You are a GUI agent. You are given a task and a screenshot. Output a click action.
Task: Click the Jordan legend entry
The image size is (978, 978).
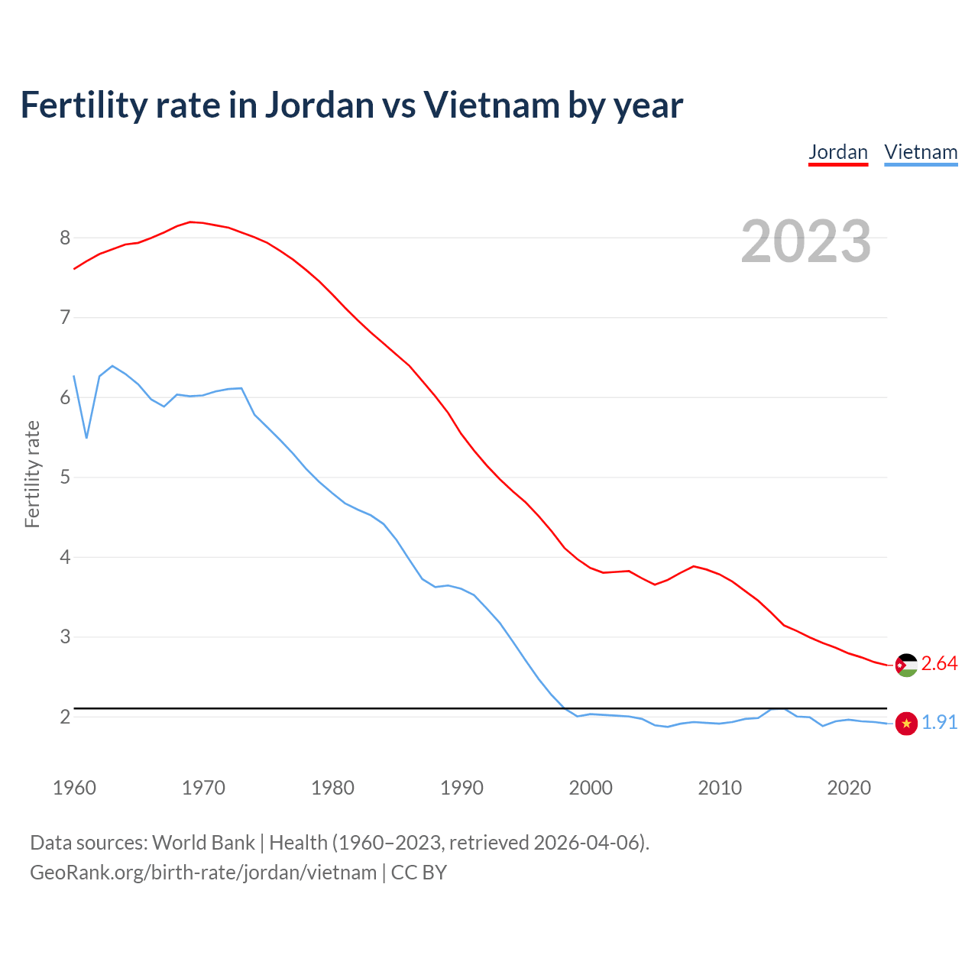pos(838,152)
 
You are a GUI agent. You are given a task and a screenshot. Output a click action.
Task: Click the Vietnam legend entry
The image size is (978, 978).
pos(921,152)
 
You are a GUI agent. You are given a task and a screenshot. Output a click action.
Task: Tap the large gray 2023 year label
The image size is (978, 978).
pos(806,241)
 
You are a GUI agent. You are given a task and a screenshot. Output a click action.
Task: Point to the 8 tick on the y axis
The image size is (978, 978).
pos(65,238)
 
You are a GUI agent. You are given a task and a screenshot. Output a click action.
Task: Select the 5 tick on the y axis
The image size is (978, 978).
pos(65,478)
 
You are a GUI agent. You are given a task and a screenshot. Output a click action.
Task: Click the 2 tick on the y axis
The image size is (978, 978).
pos(65,717)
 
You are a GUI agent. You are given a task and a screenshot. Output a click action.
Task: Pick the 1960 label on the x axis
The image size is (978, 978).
pos(74,788)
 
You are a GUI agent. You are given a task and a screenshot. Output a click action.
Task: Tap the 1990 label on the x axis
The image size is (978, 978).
pos(461,788)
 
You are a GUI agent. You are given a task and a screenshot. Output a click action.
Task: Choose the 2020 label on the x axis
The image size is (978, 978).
pos(849,788)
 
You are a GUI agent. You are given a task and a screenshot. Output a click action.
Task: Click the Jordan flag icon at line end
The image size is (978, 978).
pos(906,665)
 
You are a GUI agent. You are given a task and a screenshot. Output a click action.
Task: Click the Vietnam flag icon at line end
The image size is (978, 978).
pos(906,723)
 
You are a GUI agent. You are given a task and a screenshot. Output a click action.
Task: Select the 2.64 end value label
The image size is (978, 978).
pos(939,664)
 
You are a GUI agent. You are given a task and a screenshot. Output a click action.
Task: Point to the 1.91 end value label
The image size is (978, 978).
pos(939,722)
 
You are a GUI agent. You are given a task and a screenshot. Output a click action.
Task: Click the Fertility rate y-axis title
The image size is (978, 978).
pos(32,474)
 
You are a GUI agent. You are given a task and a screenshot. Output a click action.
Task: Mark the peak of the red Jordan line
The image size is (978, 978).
pos(190,222)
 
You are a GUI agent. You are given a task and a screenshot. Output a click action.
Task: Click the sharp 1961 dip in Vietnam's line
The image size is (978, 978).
pos(86,438)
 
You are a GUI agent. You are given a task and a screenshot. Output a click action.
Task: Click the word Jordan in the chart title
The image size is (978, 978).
pos(320,105)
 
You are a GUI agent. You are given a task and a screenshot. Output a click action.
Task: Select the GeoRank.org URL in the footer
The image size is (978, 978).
pos(203,872)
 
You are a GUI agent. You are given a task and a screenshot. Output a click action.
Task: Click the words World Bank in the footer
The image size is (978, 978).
pos(203,843)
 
